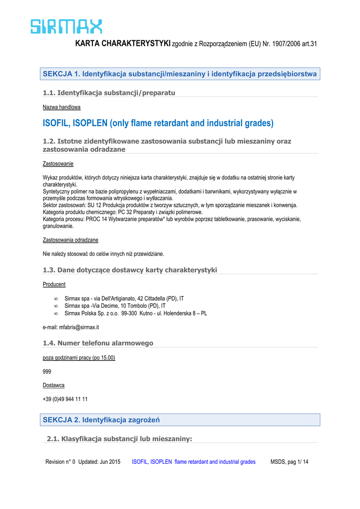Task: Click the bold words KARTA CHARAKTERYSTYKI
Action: coord(123,44)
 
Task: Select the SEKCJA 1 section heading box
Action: coord(180,74)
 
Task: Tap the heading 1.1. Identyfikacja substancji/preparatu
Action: coord(109,92)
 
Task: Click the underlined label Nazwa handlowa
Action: coord(62,107)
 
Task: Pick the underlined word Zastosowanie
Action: coord(58,164)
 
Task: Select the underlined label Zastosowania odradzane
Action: coord(71,240)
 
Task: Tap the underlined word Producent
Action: coord(54,284)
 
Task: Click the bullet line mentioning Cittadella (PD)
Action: coord(124,298)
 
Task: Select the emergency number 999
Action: coord(47,371)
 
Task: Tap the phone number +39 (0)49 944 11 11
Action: coord(66,399)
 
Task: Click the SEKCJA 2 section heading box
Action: coord(180,420)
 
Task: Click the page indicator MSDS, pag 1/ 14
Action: coord(289,462)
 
